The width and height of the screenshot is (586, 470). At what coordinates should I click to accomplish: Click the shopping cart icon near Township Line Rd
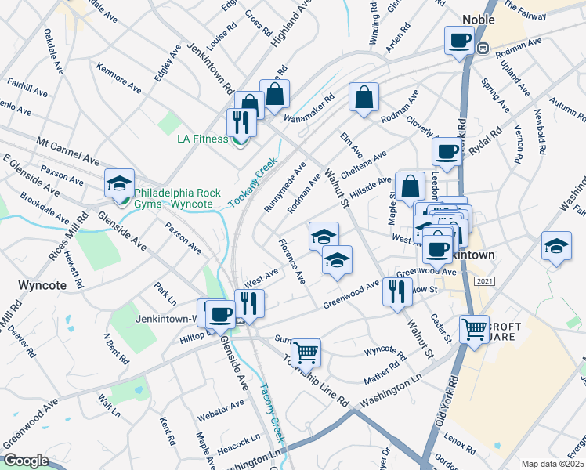tap(306, 352)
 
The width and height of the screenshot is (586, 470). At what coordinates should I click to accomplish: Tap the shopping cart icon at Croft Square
tap(474, 329)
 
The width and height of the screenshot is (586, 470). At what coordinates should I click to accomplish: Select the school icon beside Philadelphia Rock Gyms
tap(119, 183)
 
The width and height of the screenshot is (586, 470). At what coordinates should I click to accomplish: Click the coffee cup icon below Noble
tap(459, 40)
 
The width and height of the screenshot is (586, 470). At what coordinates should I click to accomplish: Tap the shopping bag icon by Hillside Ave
tap(411, 186)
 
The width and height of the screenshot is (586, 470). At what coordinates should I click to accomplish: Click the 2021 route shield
tap(486, 281)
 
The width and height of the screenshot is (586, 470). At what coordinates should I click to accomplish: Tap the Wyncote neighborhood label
tap(42, 284)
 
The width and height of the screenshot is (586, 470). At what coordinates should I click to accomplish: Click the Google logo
tap(25, 461)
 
